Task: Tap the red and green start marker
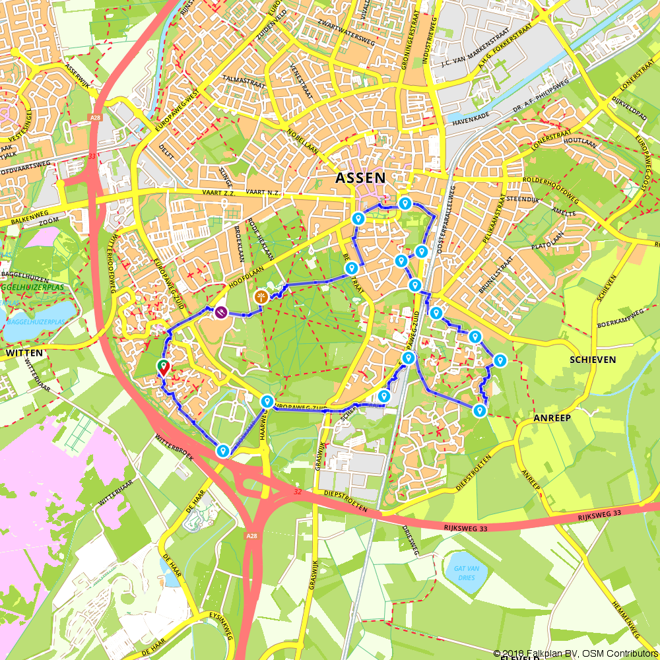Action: [162, 368]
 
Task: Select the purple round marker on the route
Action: [221, 312]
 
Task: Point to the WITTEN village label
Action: [24, 353]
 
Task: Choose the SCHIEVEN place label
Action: [593, 360]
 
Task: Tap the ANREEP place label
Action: [552, 418]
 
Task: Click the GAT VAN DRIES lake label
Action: [465, 572]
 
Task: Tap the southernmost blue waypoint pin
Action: [223, 451]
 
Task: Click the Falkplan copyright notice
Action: [576, 653]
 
